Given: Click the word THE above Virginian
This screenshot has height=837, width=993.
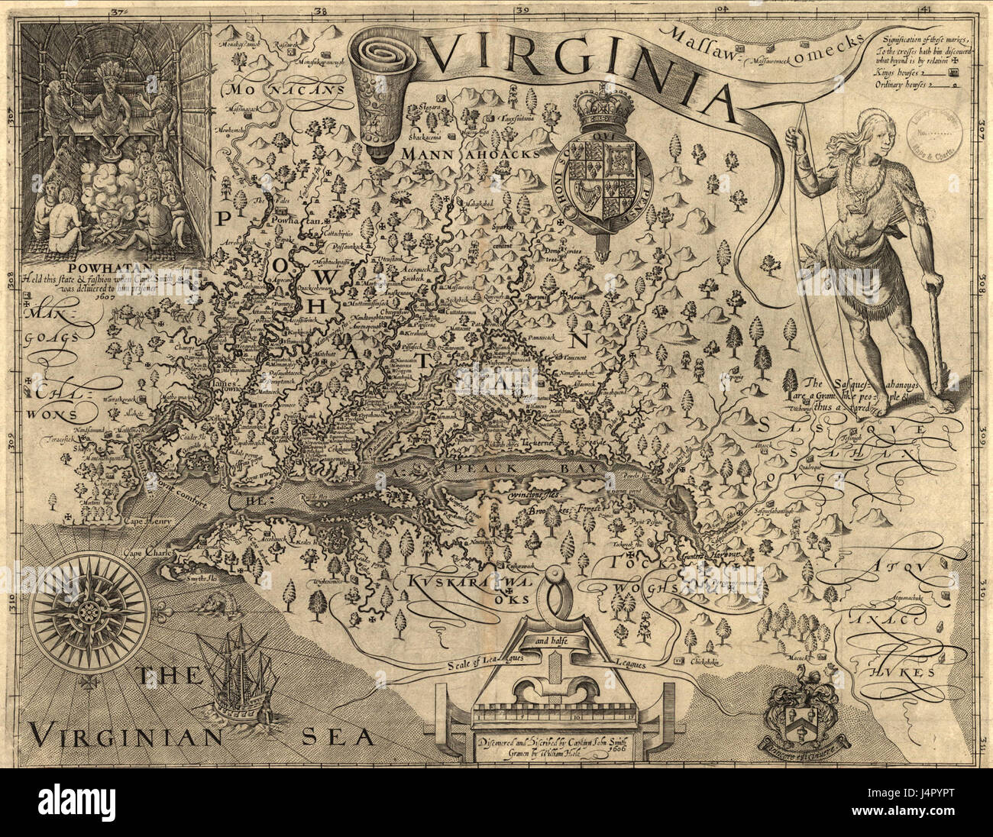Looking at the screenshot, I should (168, 676).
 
